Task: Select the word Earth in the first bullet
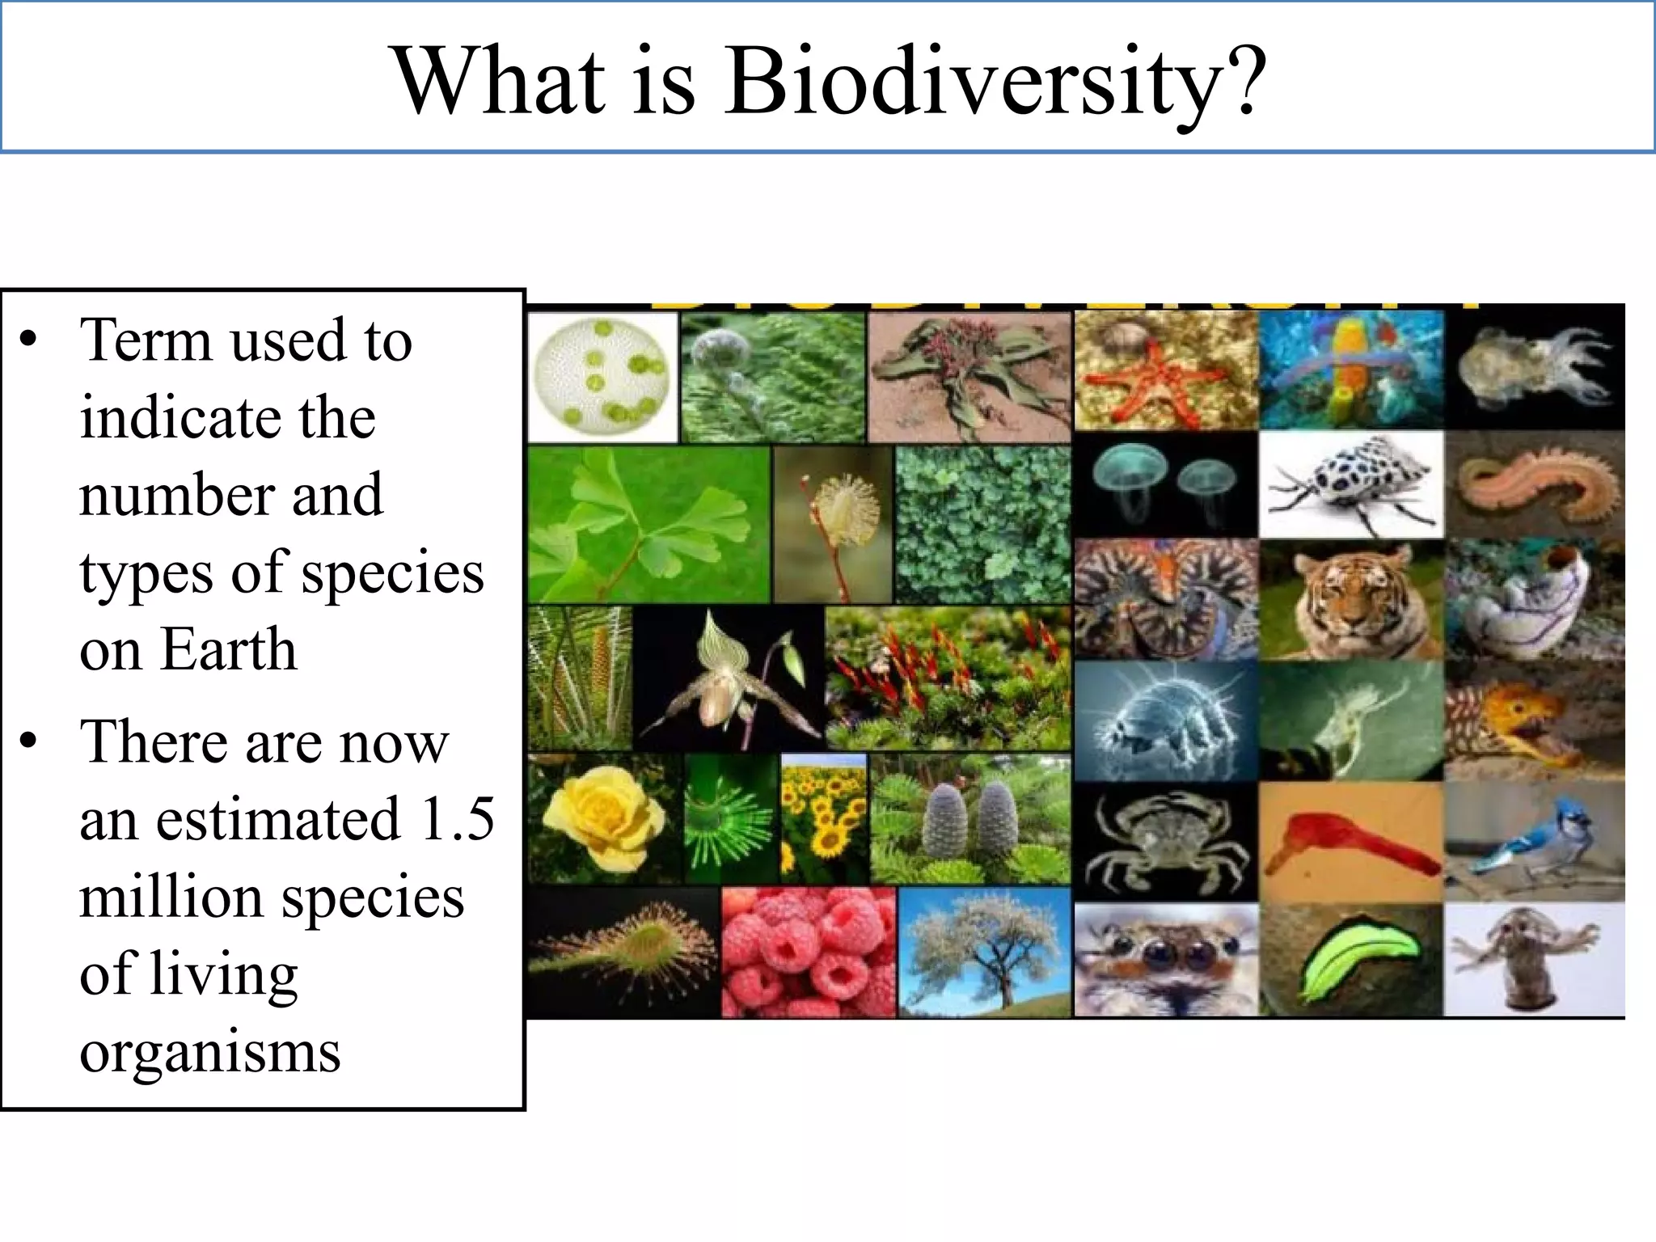229,649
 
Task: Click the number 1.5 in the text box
457,819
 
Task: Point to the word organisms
210,1053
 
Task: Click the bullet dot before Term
29,340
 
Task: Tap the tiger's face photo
1351,600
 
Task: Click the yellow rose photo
604,818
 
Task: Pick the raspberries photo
808,952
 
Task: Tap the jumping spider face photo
1165,960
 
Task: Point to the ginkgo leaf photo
648,524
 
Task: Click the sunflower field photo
823,818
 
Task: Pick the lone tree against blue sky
984,952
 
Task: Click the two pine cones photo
970,818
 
